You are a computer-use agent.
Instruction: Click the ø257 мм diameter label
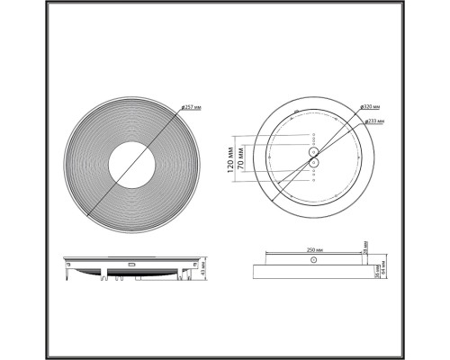coord(190,108)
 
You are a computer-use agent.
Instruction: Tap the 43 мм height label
coord(203,266)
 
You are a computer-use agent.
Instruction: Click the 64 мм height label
coord(383,270)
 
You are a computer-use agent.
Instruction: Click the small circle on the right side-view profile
coord(311,261)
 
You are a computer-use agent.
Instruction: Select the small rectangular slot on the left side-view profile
coord(132,265)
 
